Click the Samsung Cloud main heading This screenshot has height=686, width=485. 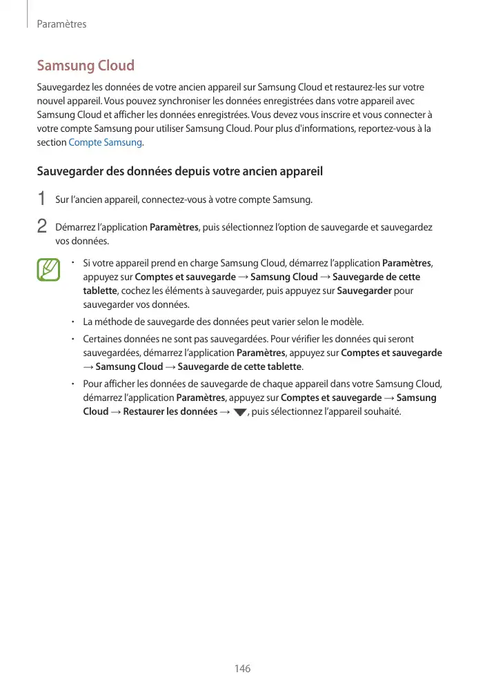point(86,66)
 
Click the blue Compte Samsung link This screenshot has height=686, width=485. point(106,142)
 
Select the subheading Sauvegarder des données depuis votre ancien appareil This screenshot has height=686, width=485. point(179,170)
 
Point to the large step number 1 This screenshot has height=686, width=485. point(41,199)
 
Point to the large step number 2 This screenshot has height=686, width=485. point(41,226)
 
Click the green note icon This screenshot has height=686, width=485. point(49,269)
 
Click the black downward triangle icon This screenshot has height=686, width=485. point(240,413)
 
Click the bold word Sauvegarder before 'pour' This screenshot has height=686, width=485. point(364,291)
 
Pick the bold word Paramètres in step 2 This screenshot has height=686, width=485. point(174,227)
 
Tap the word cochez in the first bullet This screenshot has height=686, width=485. point(135,291)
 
